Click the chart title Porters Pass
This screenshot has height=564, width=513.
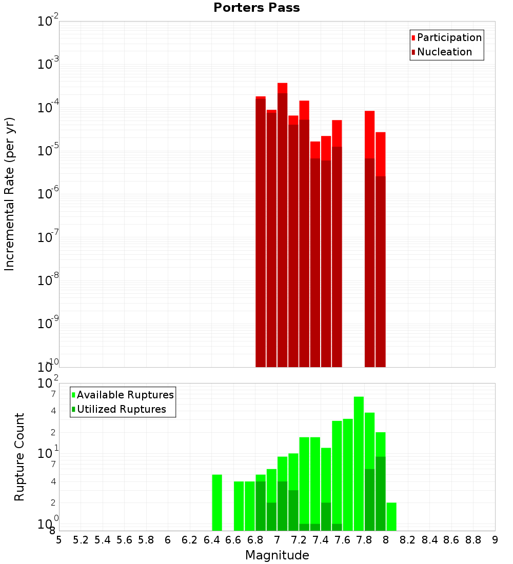click(256, 8)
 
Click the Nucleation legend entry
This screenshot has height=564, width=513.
click(444, 52)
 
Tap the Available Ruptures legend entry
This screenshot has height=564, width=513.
click(125, 395)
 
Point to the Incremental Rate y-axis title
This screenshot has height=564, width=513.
click(10, 194)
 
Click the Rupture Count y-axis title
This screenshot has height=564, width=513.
click(19, 456)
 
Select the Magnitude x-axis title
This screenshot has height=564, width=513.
click(277, 555)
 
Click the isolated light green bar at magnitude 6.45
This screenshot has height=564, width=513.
click(217, 502)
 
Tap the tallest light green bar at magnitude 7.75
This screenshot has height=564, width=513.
click(359, 461)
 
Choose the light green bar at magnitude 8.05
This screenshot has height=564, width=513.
click(391, 517)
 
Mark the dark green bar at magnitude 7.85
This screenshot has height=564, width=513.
click(369, 500)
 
